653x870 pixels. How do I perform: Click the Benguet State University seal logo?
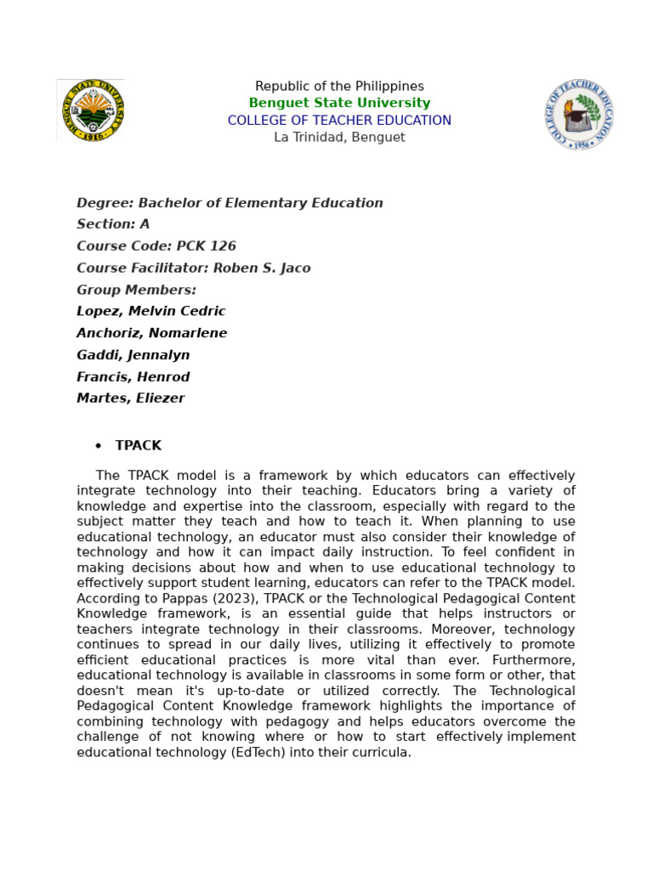91,110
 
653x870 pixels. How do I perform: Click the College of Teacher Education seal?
579,115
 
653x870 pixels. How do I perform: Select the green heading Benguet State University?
339,104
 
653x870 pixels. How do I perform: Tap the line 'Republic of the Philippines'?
339,87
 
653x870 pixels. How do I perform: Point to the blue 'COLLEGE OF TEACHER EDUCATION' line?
339,121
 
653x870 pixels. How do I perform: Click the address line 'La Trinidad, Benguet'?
339,138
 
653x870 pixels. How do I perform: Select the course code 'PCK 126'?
206,246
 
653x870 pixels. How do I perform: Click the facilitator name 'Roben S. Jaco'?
261,268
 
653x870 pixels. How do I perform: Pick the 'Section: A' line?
113,224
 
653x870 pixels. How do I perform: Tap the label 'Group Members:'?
136,290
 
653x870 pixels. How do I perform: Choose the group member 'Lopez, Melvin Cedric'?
150,312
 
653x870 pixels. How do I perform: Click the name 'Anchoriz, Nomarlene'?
151,333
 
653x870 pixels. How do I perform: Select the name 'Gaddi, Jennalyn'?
133,355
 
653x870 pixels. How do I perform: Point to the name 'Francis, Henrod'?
133,377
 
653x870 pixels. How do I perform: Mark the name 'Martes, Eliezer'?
130,398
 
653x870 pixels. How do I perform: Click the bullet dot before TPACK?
98,446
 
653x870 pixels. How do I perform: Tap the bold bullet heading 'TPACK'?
138,446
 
